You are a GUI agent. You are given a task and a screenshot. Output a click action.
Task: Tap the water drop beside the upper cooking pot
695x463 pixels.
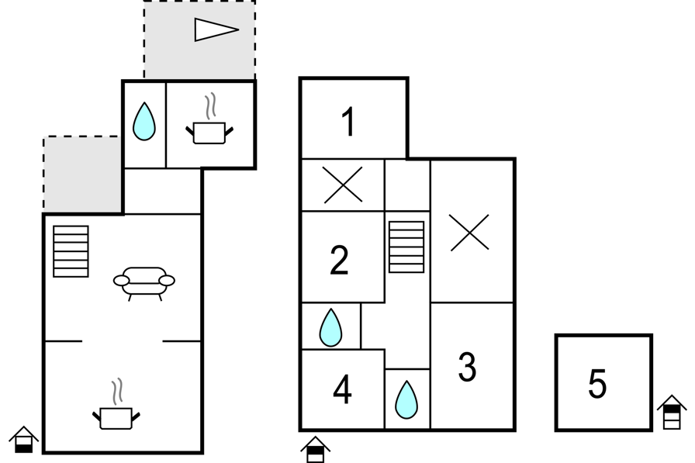(x=144, y=122)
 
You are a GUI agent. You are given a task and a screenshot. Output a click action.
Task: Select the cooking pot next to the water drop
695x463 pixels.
(x=209, y=130)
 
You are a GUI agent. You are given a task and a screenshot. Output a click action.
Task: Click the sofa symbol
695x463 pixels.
(x=144, y=281)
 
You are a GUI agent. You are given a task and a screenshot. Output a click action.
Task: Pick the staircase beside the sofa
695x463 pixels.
(x=71, y=251)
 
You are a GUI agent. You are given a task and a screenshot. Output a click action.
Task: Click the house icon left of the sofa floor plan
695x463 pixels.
(x=24, y=439)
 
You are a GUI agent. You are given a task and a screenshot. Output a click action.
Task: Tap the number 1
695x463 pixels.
(x=348, y=123)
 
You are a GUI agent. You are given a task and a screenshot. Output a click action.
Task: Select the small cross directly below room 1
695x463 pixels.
(x=343, y=185)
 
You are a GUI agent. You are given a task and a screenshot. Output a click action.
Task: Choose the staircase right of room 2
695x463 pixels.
(x=406, y=247)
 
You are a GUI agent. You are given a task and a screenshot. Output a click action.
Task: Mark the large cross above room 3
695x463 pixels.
(x=470, y=232)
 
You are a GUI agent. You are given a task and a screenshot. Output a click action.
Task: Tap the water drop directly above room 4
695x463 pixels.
(x=330, y=327)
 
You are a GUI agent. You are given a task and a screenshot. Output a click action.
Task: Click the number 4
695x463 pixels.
(x=342, y=390)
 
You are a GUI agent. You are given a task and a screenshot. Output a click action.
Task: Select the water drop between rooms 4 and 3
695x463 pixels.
(x=406, y=400)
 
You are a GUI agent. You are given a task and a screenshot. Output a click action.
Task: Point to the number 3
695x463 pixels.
(x=467, y=368)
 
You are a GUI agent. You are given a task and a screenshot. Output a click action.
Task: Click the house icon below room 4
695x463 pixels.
(x=315, y=449)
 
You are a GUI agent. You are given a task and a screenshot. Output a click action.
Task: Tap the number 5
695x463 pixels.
(x=596, y=384)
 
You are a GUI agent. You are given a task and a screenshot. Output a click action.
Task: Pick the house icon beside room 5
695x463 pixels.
(x=672, y=412)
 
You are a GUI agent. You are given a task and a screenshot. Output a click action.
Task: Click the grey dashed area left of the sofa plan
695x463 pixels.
(x=81, y=174)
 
